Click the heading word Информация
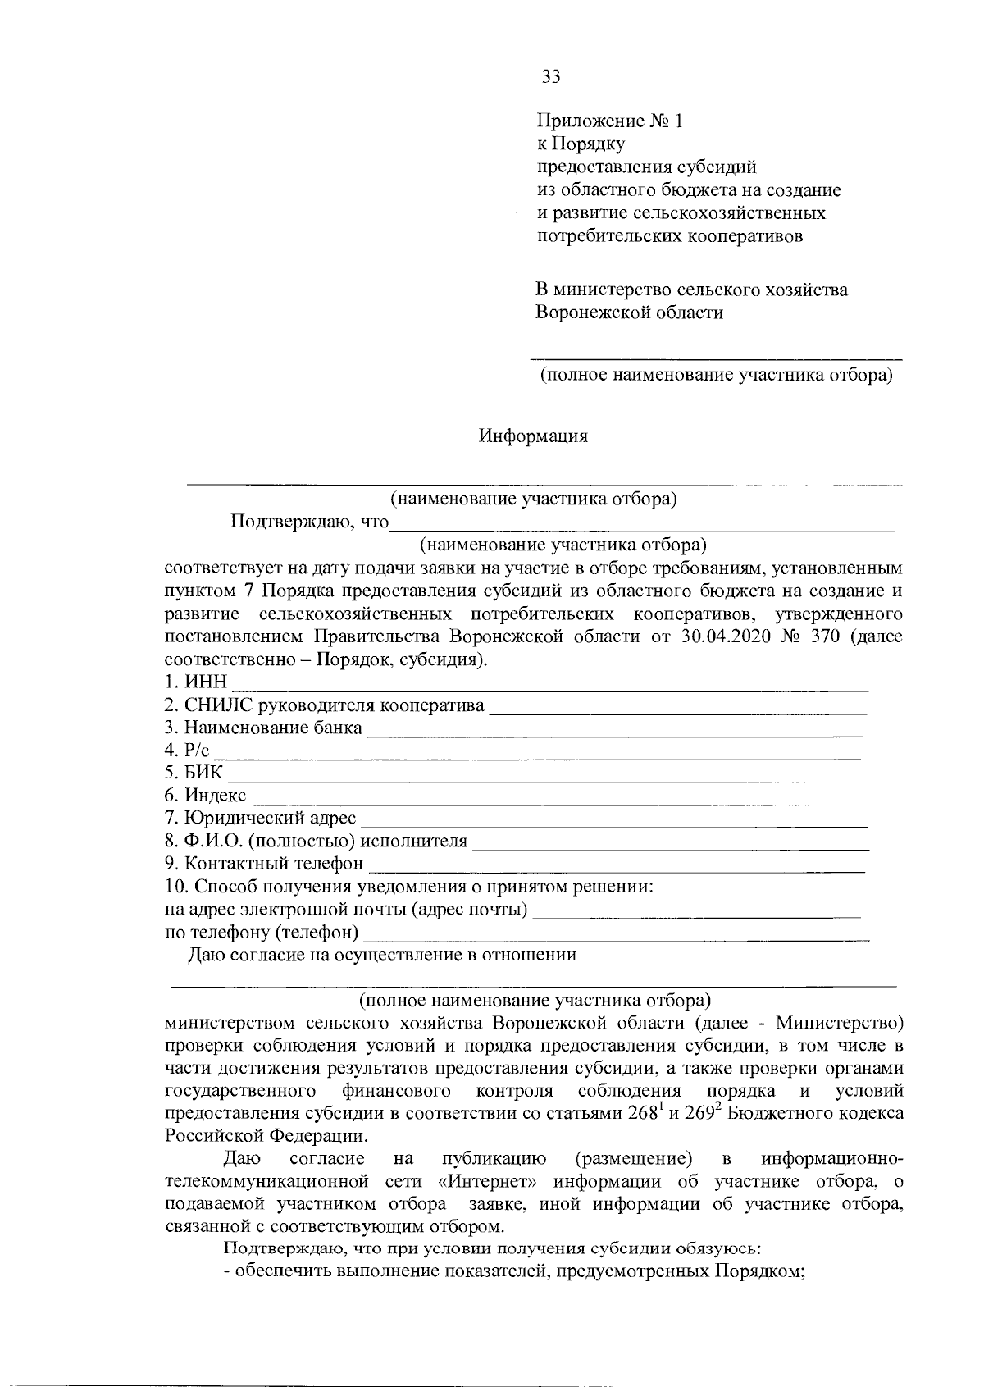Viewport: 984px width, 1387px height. pyautogui.click(x=533, y=436)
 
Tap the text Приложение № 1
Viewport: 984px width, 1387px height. pyautogui.click(x=609, y=121)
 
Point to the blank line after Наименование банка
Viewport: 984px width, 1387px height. pyautogui.click(x=615, y=731)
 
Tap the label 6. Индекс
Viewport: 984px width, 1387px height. pyautogui.click(x=205, y=796)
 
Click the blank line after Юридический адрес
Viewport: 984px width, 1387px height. pyautogui.click(x=615, y=821)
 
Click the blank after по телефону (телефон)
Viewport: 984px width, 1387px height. pyautogui.click(x=615, y=936)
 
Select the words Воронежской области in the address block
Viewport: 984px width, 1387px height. pyautogui.click(x=629, y=313)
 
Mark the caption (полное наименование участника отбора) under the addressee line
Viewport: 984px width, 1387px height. pyautogui.click(x=715, y=376)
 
